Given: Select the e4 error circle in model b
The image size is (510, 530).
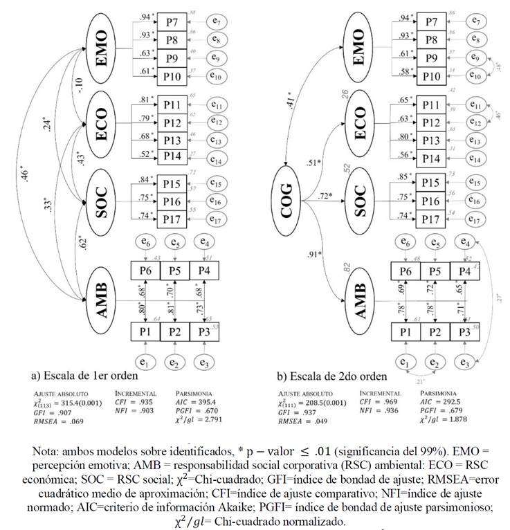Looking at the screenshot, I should [x=466, y=242].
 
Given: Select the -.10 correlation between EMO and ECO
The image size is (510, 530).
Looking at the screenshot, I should [x=80, y=85].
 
